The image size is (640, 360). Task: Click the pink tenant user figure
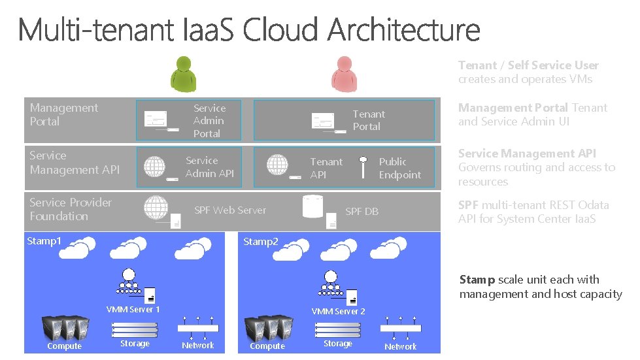click(344, 73)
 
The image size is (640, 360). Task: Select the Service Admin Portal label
click(209, 121)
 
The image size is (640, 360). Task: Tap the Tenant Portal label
click(369, 120)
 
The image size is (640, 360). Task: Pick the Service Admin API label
click(209, 167)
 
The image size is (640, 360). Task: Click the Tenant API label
click(326, 168)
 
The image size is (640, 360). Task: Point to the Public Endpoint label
click(399, 169)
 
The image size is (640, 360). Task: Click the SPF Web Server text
click(230, 210)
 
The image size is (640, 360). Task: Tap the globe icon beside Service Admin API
click(155, 166)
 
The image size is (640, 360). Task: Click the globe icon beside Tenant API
click(278, 165)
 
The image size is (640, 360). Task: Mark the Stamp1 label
click(44, 241)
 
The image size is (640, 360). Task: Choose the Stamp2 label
click(261, 242)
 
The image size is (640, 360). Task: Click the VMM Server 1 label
click(133, 310)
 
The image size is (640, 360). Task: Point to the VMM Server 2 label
click(338, 312)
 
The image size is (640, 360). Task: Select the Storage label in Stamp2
click(337, 344)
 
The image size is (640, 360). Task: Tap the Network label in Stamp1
click(198, 346)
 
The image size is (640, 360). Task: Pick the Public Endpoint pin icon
click(363, 166)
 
